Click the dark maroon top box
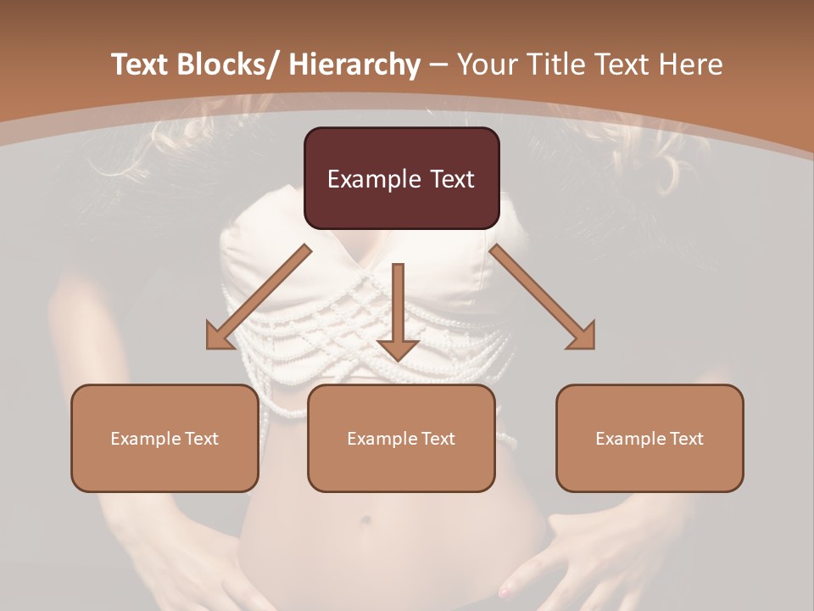click(x=401, y=178)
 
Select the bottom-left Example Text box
click(x=164, y=438)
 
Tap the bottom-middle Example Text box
click(x=401, y=438)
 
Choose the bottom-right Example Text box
click(x=650, y=438)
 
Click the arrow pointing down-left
click(x=258, y=297)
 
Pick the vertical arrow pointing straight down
click(x=398, y=311)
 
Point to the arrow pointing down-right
click(x=543, y=297)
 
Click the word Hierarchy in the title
click(x=354, y=64)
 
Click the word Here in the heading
click(x=691, y=64)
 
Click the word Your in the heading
click(x=485, y=64)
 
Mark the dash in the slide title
click(x=438, y=64)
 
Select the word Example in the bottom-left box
click(x=141, y=439)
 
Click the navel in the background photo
click(x=366, y=520)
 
